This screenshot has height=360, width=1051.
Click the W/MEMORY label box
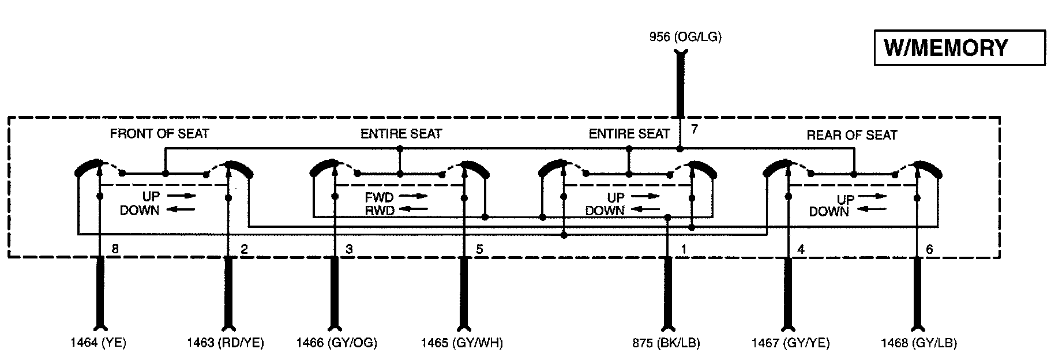959,48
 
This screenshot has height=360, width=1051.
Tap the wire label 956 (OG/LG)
685,37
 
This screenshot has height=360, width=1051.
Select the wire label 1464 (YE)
98,343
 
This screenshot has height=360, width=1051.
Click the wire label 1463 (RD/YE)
226,343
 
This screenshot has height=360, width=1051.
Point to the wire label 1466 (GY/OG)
337,343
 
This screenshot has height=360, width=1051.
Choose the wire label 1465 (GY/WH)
461,343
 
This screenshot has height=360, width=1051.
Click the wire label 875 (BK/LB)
666,343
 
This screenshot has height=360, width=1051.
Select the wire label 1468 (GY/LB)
918,343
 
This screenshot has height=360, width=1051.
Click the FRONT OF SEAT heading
159,134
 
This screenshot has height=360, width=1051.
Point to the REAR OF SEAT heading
851,135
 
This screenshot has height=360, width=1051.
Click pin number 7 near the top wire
695,129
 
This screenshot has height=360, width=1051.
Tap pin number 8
115,250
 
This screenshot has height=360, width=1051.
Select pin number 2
244,250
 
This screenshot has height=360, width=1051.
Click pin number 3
349,250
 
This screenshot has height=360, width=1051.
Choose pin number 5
479,250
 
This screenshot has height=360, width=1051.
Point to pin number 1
684,250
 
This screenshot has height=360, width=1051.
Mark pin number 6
929,250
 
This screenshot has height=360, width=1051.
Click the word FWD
379,198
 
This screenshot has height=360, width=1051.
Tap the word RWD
379,211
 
